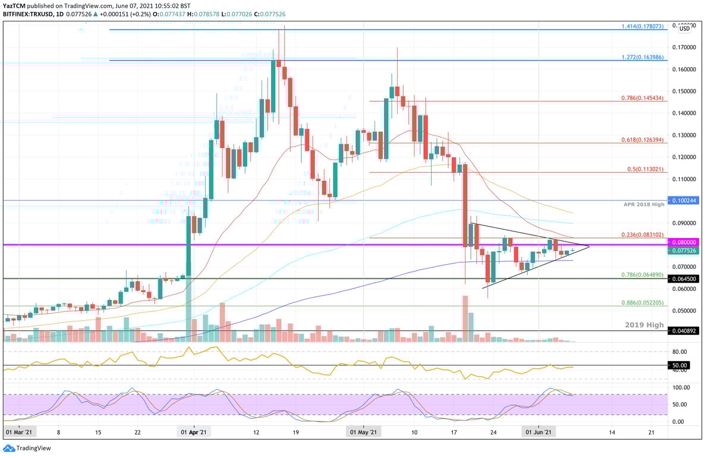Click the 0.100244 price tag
click(x=684, y=201)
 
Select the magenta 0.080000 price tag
click(x=684, y=243)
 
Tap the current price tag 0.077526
click(x=684, y=251)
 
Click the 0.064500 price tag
click(x=684, y=278)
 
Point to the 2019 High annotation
click(x=643, y=325)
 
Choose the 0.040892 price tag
click(x=684, y=331)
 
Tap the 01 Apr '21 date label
click(x=194, y=433)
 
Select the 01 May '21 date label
click(x=362, y=433)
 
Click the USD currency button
click(x=684, y=28)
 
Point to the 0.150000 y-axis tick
click(x=684, y=91)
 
